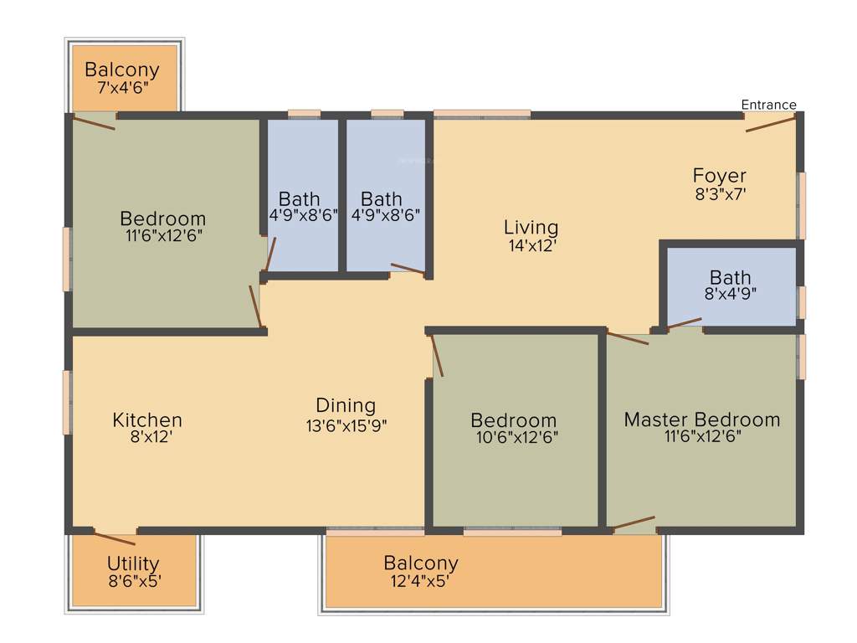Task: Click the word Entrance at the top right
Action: click(768, 105)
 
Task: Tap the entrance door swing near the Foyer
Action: click(770, 124)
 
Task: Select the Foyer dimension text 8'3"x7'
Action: click(719, 193)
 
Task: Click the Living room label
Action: click(531, 227)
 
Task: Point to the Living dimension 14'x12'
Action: click(531, 245)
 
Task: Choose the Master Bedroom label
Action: click(701, 419)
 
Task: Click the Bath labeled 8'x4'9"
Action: click(730, 277)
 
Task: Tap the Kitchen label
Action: click(147, 419)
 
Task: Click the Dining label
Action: click(346, 405)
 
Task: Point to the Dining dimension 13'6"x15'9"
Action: click(346, 424)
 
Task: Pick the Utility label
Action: click(133, 563)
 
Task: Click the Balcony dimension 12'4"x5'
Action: click(421, 580)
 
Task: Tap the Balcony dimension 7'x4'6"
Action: click(122, 87)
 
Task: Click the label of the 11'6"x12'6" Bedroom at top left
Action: click(162, 219)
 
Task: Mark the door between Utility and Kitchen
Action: click(115, 538)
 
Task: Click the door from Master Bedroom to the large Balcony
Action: click(634, 524)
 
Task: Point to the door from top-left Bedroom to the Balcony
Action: click(93, 123)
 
